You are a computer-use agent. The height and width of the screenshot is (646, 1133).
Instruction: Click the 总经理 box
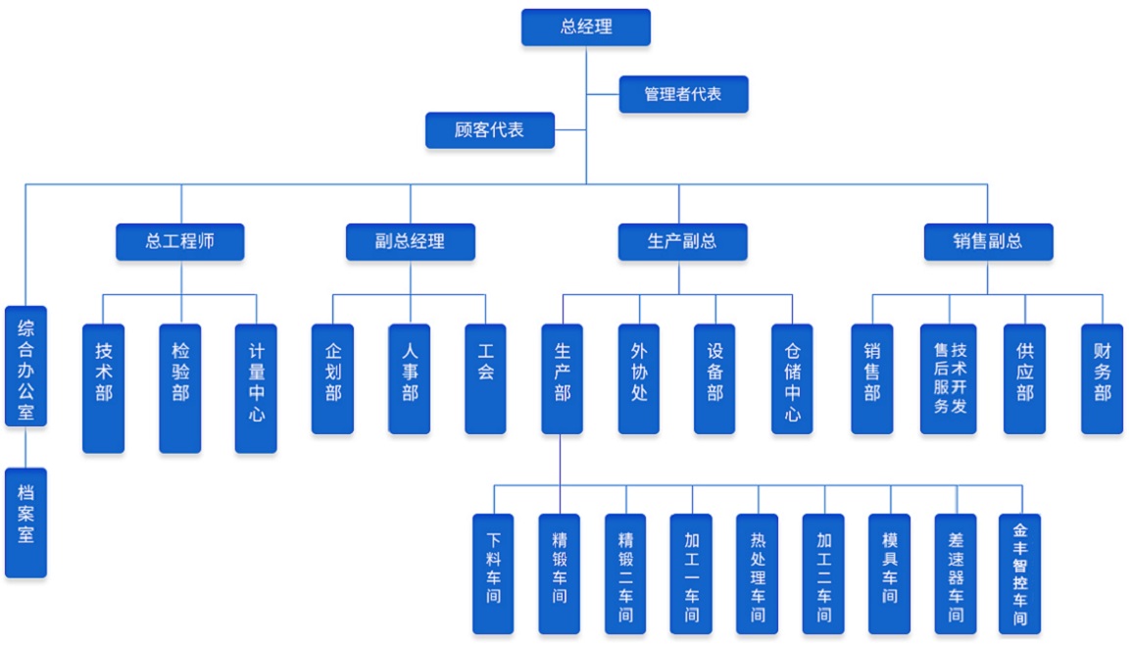(x=586, y=27)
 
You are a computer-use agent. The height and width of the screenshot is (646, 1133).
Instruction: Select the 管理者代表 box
(x=683, y=94)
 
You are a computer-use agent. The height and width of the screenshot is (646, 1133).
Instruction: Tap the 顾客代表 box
(x=489, y=130)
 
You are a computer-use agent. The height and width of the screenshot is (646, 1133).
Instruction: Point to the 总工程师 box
(x=179, y=241)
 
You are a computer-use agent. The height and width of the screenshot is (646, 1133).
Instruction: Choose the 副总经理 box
(x=410, y=241)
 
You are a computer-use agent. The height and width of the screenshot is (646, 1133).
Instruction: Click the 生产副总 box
(x=682, y=241)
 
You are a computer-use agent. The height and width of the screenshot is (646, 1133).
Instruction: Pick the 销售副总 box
(x=988, y=241)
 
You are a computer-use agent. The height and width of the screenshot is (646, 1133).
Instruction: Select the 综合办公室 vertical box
(x=25, y=366)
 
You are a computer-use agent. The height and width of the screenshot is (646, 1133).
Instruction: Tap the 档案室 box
(x=25, y=522)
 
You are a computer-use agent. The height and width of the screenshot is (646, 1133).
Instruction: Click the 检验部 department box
(x=179, y=387)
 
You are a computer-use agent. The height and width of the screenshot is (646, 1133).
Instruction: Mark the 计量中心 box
(x=256, y=387)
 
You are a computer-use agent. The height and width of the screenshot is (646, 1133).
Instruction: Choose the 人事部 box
(x=409, y=378)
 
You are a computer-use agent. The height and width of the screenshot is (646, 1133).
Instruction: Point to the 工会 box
(x=485, y=378)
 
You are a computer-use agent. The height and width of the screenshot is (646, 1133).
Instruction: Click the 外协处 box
(x=638, y=378)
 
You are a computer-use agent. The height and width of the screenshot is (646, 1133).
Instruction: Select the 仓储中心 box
(x=792, y=378)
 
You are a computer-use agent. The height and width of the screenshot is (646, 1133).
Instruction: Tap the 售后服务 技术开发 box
(x=948, y=378)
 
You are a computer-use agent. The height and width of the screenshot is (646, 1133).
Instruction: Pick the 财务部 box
(x=1102, y=378)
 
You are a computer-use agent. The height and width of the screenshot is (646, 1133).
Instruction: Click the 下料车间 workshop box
(x=493, y=573)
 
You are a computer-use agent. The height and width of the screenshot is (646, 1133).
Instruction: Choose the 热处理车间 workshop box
(x=757, y=573)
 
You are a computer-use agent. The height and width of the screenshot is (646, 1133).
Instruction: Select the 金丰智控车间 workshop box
(x=1019, y=573)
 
